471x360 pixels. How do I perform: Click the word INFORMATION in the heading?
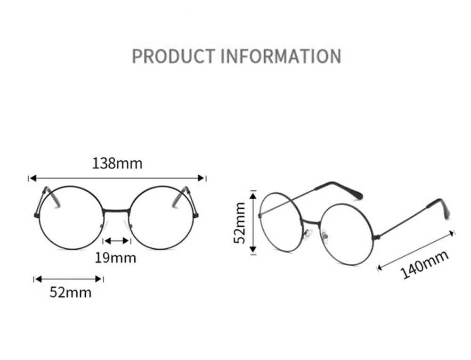(281, 56)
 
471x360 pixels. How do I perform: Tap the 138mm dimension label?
(117, 164)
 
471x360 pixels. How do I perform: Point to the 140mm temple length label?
(424, 264)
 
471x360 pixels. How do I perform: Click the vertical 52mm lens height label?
(241, 222)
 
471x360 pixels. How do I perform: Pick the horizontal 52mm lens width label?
(71, 292)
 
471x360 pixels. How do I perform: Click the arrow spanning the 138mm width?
(117, 178)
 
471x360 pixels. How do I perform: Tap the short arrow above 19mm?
(117, 241)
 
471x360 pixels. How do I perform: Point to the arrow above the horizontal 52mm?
(69, 279)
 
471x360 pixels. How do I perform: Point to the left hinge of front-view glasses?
(37, 215)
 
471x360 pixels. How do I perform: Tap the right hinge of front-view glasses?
(195, 215)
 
